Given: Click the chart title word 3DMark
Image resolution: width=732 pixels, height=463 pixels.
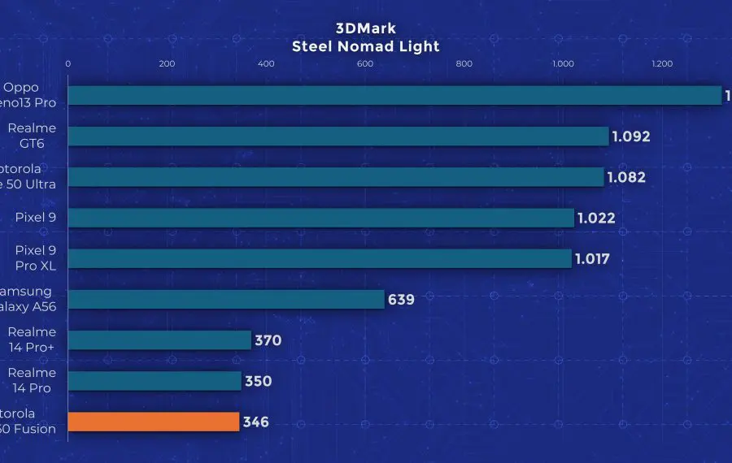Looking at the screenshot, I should pyautogui.click(x=365, y=29).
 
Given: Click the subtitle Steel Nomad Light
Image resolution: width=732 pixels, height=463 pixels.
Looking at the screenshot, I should pyautogui.click(x=365, y=46).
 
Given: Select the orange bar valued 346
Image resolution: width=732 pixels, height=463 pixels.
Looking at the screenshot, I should pyautogui.click(x=154, y=422).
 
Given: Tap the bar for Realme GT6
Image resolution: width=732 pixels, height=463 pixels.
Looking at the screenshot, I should pyautogui.click(x=338, y=136).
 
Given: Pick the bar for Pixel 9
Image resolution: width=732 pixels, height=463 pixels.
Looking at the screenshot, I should pyautogui.click(x=320, y=218).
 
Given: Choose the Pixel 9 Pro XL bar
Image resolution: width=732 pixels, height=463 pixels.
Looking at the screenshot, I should pyautogui.click(x=319, y=259).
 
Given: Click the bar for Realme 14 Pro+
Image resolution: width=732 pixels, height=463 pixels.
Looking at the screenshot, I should pyautogui.click(x=159, y=340).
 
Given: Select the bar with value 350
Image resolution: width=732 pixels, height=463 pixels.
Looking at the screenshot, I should pyautogui.click(x=155, y=381).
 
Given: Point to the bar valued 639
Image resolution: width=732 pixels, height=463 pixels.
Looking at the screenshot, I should pyautogui.click(x=226, y=300).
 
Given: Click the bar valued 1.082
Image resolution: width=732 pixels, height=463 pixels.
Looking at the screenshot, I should pyautogui.click(x=335, y=177).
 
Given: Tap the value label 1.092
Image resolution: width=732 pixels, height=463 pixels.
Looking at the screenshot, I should pyautogui.click(x=632, y=136).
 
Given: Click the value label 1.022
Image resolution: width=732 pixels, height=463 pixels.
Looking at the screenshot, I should pyautogui.click(x=596, y=218).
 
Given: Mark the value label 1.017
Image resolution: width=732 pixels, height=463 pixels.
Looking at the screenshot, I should pyautogui.click(x=592, y=259).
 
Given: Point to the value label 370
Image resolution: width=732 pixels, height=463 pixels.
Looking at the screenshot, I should pyautogui.click(x=268, y=340).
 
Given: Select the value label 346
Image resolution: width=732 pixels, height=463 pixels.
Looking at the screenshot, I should pyautogui.click(x=255, y=422).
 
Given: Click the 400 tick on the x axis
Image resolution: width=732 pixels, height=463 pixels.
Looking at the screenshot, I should pyautogui.click(x=266, y=64).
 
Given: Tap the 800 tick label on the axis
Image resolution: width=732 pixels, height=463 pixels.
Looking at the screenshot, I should pyautogui.click(x=464, y=64).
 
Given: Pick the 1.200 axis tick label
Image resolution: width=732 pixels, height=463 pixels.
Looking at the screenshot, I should pyautogui.click(x=662, y=64).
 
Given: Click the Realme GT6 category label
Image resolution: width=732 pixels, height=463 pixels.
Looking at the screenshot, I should pyautogui.click(x=32, y=136).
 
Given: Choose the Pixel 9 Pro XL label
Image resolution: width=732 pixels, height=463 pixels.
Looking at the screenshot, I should pyautogui.click(x=32, y=258).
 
